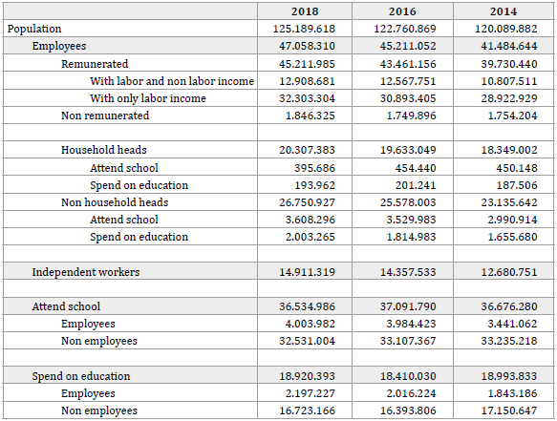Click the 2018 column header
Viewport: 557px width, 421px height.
(x=305, y=11)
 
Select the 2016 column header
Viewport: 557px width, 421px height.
(x=402, y=11)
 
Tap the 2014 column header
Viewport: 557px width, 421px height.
(x=503, y=11)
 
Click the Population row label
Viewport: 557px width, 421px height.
(x=34, y=29)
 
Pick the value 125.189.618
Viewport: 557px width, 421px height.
(x=304, y=29)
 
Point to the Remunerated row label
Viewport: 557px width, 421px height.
(x=95, y=64)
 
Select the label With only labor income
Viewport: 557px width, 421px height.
(x=148, y=98)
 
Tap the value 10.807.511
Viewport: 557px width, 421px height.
(x=509, y=81)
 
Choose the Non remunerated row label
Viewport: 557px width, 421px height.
(x=105, y=116)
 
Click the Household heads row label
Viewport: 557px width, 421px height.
(x=104, y=150)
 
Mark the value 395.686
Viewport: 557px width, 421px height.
(x=314, y=168)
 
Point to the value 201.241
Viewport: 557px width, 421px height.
(x=416, y=185)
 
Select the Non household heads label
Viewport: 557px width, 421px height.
(x=115, y=202)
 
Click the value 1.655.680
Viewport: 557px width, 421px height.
(x=512, y=237)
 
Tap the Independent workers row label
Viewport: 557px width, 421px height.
(x=86, y=272)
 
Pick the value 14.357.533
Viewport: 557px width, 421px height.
(x=408, y=272)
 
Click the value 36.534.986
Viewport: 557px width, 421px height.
(x=307, y=306)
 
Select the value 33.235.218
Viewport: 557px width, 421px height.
(x=509, y=341)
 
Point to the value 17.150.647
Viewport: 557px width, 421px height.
(x=509, y=410)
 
